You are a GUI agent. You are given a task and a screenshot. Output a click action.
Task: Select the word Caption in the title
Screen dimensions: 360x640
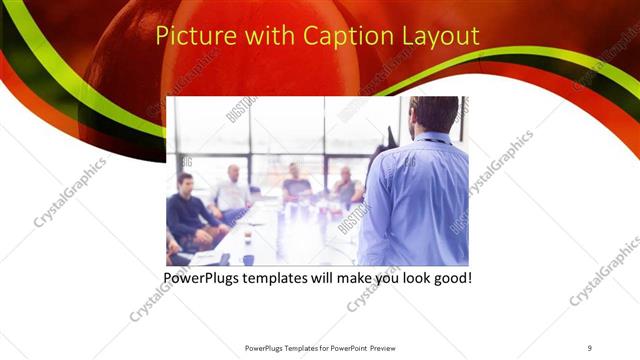[x=328, y=37]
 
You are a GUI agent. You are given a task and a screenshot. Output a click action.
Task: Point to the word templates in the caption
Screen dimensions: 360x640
[x=286, y=276]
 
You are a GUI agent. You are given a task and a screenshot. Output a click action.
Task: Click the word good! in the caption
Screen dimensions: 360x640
[x=449, y=276]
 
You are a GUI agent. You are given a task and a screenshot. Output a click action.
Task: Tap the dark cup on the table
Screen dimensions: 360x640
[x=248, y=258]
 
